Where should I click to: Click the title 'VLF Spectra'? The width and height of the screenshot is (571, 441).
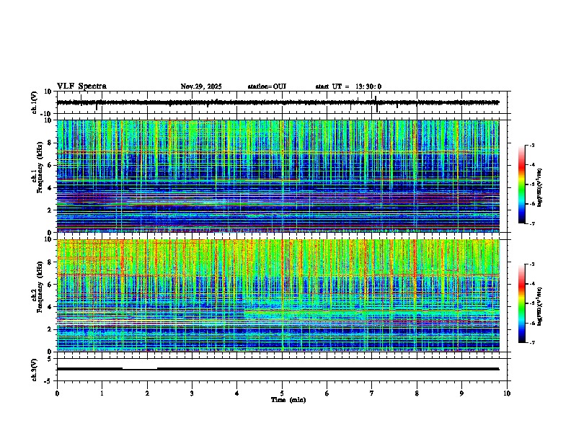81,86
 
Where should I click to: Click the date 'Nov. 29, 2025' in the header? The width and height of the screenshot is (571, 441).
201,86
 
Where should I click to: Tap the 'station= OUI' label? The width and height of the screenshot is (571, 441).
267,86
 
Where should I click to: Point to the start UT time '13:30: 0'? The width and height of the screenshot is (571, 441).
368,86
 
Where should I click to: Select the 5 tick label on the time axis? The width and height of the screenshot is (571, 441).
282,393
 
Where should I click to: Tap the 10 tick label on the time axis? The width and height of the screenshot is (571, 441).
507,393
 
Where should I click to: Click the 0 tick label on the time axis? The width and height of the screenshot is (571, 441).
57,393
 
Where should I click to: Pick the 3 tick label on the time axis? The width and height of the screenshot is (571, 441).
192,393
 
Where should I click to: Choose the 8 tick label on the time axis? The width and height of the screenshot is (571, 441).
417,393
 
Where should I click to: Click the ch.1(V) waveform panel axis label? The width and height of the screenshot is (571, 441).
35,102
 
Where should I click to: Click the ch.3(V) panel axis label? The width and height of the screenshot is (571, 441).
35,368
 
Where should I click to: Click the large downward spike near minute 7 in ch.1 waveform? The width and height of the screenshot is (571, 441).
376,108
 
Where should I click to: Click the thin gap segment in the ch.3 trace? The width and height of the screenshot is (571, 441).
139,369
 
